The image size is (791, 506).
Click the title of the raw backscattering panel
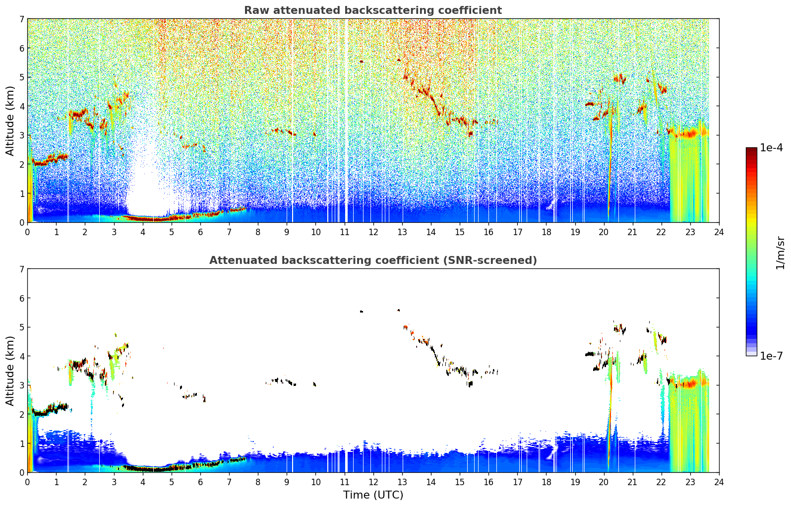click(373, 10)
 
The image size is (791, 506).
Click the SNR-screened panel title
click(373, 260)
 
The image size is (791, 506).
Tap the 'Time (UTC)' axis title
click(373, 495)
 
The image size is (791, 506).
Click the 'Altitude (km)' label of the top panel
click(10, 121)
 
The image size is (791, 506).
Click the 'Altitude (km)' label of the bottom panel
click(10, 371)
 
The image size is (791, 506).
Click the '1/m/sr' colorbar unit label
click(780, 253)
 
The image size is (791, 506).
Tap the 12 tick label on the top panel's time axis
click(373, 232)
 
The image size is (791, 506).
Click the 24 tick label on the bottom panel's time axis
click(719, 482)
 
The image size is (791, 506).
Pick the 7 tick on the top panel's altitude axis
click(21, 19)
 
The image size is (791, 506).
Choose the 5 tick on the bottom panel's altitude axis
click(21, 327)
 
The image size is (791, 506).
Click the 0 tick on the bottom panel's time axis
click(28, 482)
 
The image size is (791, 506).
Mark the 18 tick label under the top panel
click(547, 232)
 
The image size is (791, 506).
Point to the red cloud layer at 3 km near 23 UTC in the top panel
click(689, 133)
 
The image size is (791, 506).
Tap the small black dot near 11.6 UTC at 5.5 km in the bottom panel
click(361, 312)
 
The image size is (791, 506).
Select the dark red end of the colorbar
click(751, 150)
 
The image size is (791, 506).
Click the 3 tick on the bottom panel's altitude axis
click(21, 385)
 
